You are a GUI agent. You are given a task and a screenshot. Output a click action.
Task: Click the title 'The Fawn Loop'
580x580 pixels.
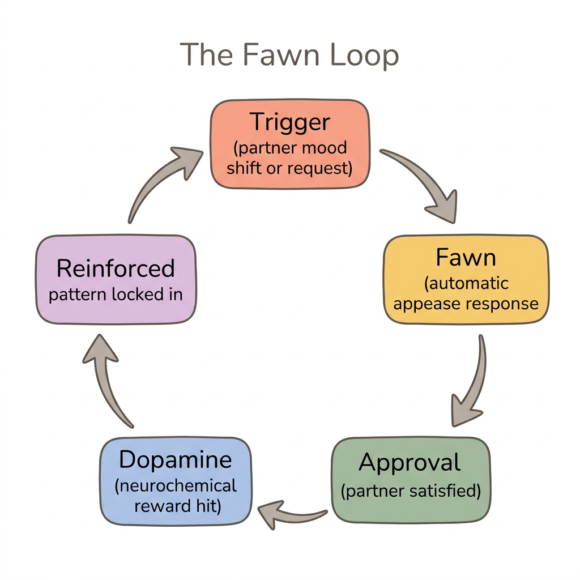click(x=289, y=56)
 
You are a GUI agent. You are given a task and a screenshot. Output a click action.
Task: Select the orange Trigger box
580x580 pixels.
click(x=290, y=144)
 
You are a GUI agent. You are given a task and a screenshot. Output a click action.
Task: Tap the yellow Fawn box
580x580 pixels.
click(x=466, y=280)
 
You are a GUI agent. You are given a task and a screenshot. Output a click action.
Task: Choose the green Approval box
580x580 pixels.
click(x=411, y=479)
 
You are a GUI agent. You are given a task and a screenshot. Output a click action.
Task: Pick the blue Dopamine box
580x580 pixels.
click(x=176, y=481)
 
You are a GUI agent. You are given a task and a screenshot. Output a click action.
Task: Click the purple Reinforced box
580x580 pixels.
click(x=116, y=280)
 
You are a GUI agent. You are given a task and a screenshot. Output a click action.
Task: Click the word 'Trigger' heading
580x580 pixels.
click(x=290, y=122)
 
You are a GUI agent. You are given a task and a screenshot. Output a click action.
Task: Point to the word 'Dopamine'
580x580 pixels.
click(x=176, y=459)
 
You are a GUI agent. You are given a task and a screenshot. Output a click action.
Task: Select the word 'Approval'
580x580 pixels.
click(x=410, y=463)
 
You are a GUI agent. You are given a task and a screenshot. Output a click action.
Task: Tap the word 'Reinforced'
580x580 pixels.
click(x=116, y=268)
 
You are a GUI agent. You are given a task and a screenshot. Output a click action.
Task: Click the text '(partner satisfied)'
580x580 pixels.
click(x=411, y=491)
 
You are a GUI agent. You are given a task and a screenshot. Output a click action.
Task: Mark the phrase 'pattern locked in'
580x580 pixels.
click(x=116, y=295)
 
